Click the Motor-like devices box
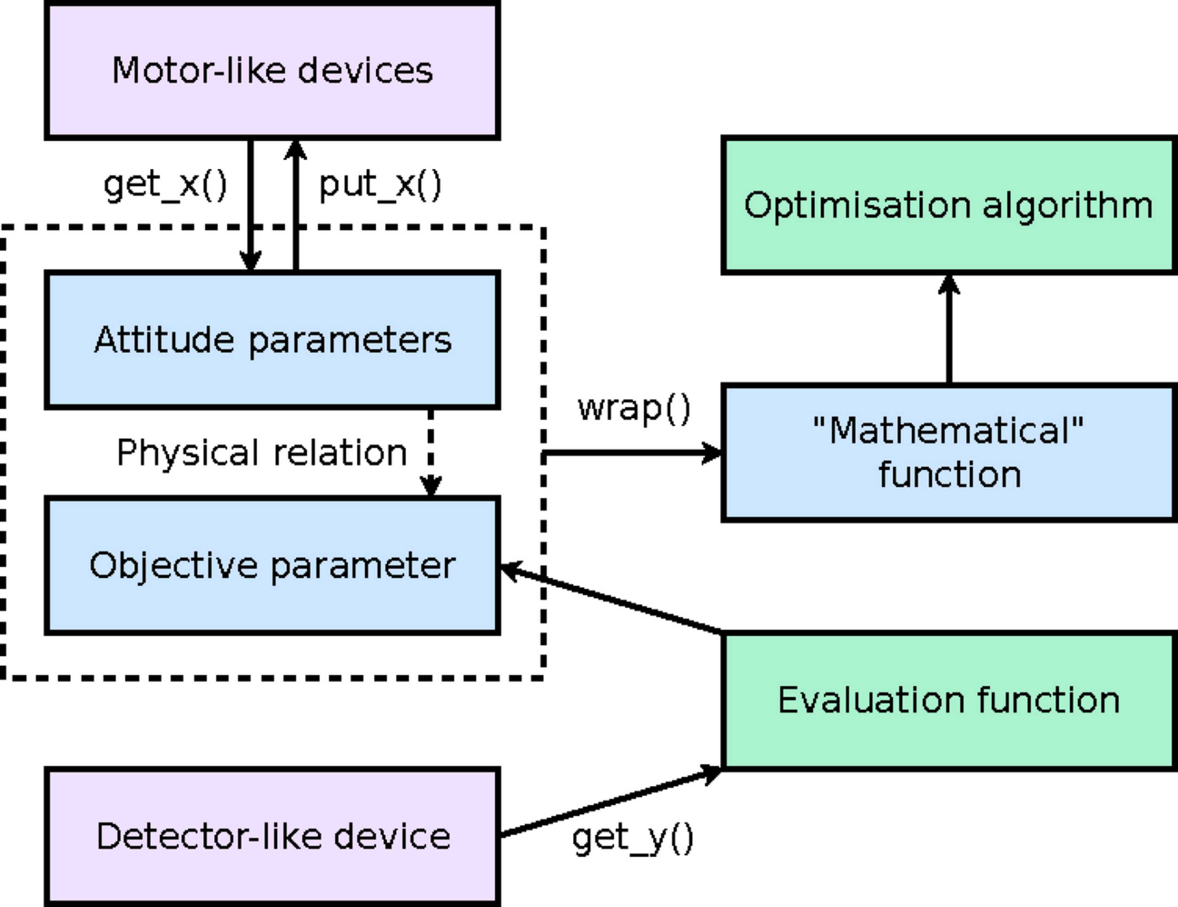pyautogui.click(x=273, y=70)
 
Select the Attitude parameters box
pyautogui.click(x=273, y=340)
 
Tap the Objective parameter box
pyautogui.click(x=273, y=566)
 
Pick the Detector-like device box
pyautogui.click(x=273, y=836)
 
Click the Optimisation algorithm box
pyautogui.click(x=950, y=205)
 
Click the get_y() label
pyautogui.click(x=633, y=839)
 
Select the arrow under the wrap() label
pyautogui.click(x=632, y=453)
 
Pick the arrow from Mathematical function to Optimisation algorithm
pyautogui.click(x=949, y=329)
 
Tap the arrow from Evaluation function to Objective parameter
pyautogui.click(x=611, y=597)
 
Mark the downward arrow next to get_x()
pyautogui.click(x=250, y=205)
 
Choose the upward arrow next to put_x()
pyautogui.click(x=296, y=205)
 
